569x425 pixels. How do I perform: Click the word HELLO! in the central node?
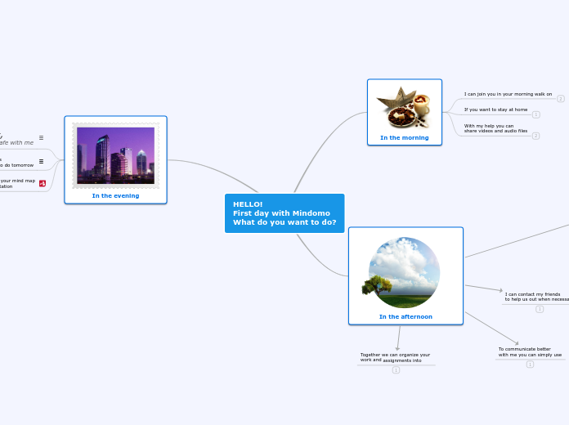click(248, 204)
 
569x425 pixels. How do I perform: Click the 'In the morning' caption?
click(404, 137)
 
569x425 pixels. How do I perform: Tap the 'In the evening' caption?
click(115, 195)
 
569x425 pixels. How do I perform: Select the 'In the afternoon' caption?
click(405, 316)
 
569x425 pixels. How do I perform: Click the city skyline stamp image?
click(115, 155)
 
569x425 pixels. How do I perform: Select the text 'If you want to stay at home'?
click(495, 109)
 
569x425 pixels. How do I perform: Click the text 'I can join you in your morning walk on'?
click(508, 94)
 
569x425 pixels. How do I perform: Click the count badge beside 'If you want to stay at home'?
click(535, 114)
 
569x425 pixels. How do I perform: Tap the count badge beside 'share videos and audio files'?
click(535, 136)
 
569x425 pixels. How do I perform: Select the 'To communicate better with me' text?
click(530, 351)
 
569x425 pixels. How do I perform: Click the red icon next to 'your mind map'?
click(42, 183)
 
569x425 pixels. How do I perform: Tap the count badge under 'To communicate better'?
click(530, 365)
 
